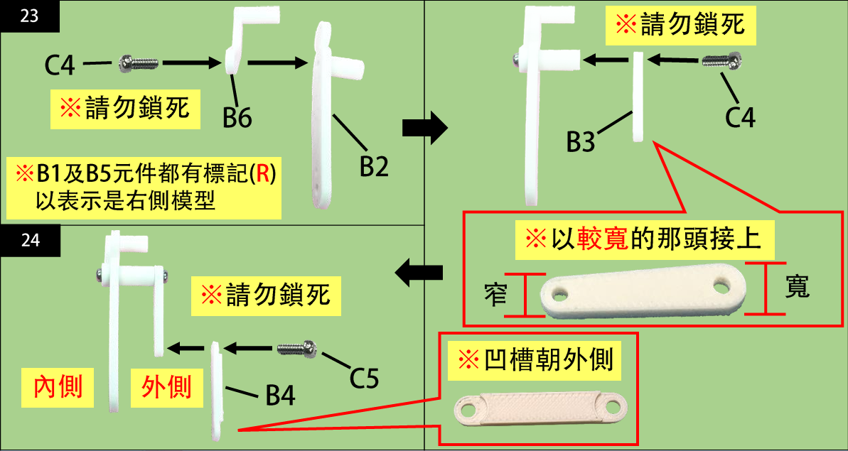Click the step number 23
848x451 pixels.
point(30,16)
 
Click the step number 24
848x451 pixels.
point(30,240)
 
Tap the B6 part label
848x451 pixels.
point(237,118)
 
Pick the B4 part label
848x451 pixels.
point(280,395)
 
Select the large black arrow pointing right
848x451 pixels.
point(424,128)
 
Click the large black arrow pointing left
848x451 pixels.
point(419,271)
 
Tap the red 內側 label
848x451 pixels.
point(58,387)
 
